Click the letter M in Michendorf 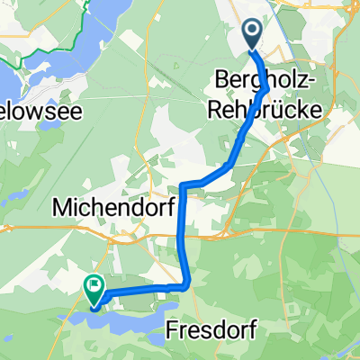point(61,208)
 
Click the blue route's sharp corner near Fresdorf point(187,286)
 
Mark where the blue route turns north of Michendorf point(183,186)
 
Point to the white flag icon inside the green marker point(94,285)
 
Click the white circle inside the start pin point(252,33)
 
